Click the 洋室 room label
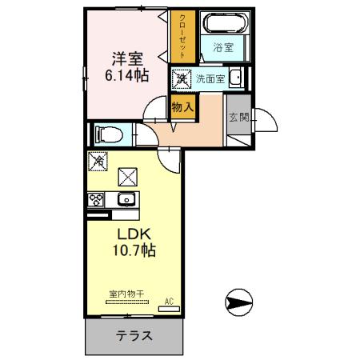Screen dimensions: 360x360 pyautogui.click(x=126, y=59)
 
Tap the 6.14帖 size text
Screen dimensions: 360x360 pyautogui.click(x=127, y=76)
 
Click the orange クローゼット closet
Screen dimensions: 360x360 pyautogui.click(x=182, y=36)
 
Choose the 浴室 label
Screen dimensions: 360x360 pyautogui.click(x=223, y=47)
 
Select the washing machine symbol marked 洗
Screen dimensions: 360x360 pyautogui.click(x=181, y=78)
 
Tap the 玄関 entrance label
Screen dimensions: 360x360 pyautogui.click(x=238, y=117)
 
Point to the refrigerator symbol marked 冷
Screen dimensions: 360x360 pyautogui.click(x=98, y=161)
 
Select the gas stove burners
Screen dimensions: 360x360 pyautogui.click(x=96, y=200)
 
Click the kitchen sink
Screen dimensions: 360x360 pyautogui.click(x=126, y=200)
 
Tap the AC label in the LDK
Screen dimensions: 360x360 pyautogui.click(x=169, y=301)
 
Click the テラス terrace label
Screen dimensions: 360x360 pyautogui.click(x=134, y=336)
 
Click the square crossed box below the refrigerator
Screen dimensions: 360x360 pyautogui.click(x=126, y=175)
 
